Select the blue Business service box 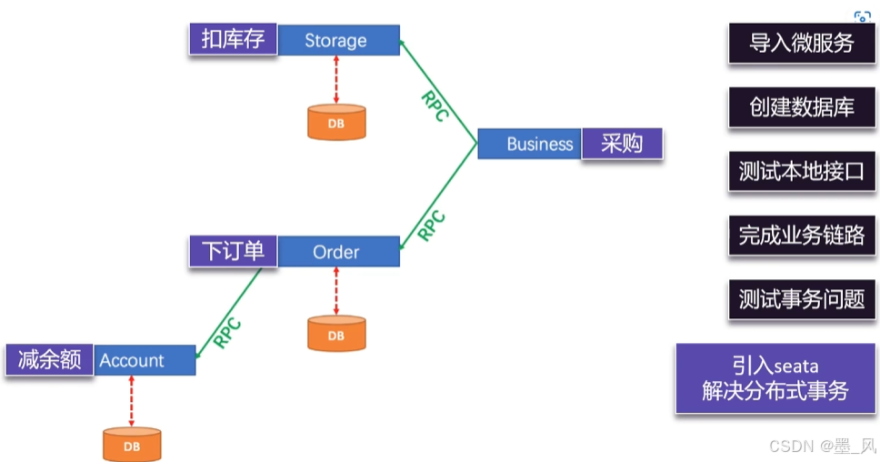point(529,144)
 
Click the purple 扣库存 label point(233,40)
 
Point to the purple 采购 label point(622,144)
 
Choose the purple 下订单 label point(233,251)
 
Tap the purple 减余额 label point(49,360)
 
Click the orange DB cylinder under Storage point(336,122)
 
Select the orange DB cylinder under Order point(336,334)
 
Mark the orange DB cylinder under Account point(132,445)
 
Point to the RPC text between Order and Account point(227,333)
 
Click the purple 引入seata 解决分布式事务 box point(775,379)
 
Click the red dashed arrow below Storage point(336,79)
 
